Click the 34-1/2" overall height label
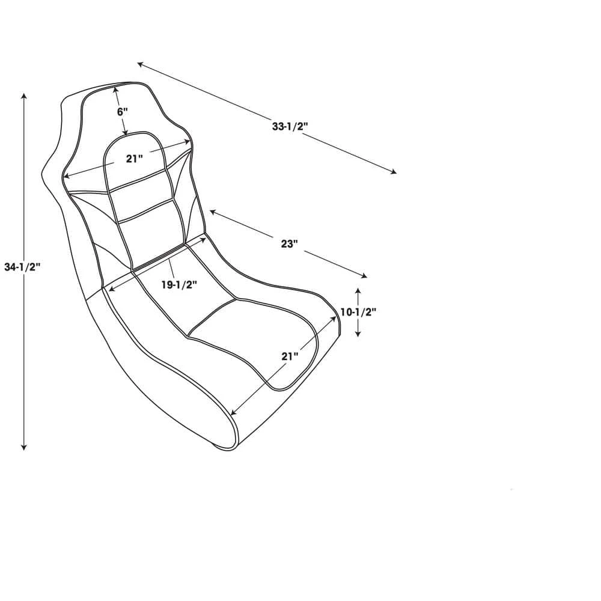point(21,267)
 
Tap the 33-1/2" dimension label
point(290,127)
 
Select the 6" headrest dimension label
point(123,112)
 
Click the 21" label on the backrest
point(135,159)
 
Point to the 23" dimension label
point(289,244)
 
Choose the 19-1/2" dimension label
point(179,285)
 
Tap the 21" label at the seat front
point(290,356)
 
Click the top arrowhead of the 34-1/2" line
point(23,96)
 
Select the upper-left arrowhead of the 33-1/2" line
point(140,64)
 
